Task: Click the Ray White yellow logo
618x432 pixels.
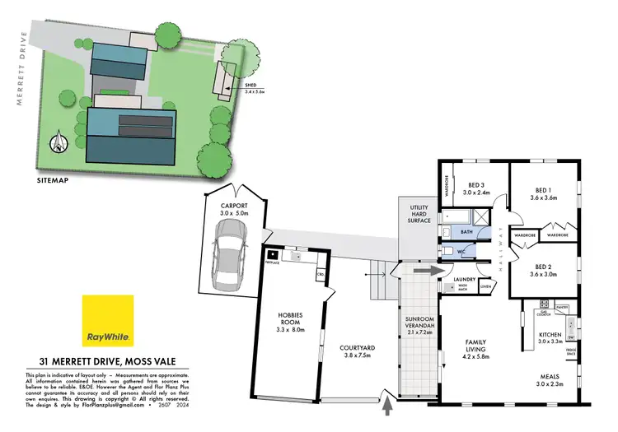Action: pyautogui.click(x=107, y=321)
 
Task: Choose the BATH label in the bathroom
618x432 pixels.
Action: pyautogui.click(x=466, y=233)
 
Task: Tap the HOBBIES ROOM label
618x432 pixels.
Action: pyautogui.click(x=290, y=322)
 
